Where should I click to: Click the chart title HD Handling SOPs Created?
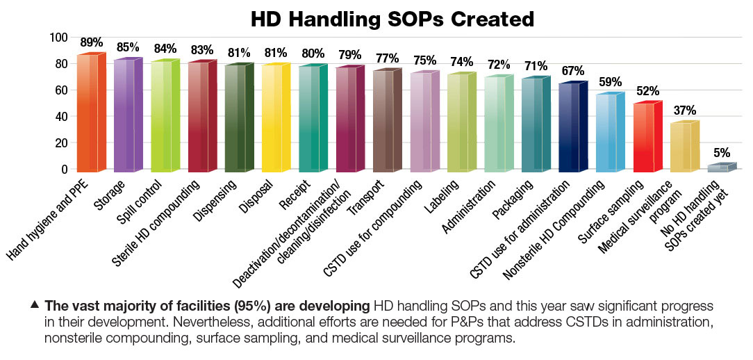click(376, 19)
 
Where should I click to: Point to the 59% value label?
click(610, 81)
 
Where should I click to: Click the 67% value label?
click(573, 71)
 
